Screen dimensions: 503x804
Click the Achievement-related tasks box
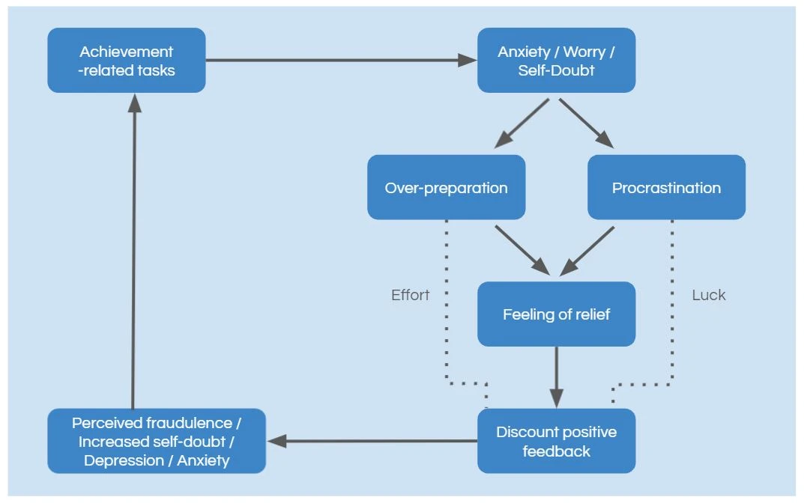pos(126,61)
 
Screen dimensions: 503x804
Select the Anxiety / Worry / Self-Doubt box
pos(556,61)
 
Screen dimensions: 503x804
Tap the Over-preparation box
pos(446,187)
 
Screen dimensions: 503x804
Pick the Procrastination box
pos(666,187)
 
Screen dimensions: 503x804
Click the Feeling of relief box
pos(556,314)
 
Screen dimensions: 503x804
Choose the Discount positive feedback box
pos(556,441)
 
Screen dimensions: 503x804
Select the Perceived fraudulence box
pos(156,441)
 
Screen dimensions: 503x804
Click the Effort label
pos(410,295)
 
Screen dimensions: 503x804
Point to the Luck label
pos(708,295)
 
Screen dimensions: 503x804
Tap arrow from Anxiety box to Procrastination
pos(586,121)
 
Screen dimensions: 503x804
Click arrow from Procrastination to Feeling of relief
pos(588,248)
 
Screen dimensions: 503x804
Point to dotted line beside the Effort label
pos(446,299)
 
